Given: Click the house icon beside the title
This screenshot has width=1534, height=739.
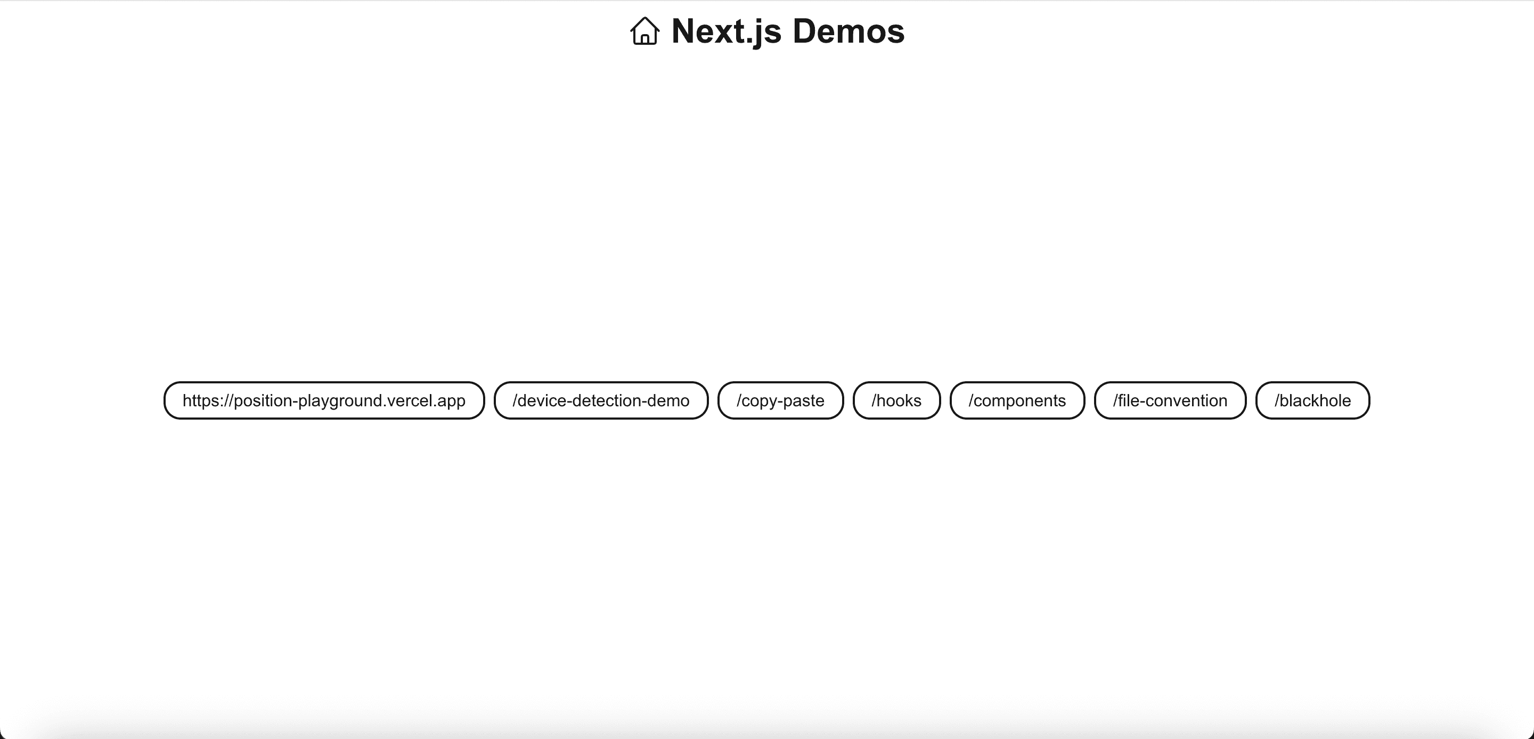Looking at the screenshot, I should click(644, 31).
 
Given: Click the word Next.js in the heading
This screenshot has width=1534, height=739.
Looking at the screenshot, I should click(726, 31).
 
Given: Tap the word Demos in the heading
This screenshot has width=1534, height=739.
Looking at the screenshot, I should click(848, 31).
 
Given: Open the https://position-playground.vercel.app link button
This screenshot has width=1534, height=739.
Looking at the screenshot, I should click(324, 400).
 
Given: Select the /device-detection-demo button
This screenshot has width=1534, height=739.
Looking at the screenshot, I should click(601, 400).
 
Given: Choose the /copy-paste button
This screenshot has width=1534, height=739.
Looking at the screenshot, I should click(780, 400).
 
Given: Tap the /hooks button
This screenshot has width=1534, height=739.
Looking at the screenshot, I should click(896, 400).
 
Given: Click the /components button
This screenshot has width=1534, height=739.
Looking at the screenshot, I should click(1017, 400).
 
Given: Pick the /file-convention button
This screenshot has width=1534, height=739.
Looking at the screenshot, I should click(1170, 400).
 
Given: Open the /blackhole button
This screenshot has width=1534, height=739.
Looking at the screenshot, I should click(1312, 400).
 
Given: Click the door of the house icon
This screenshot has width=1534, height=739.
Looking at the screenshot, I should click(644, 39).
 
